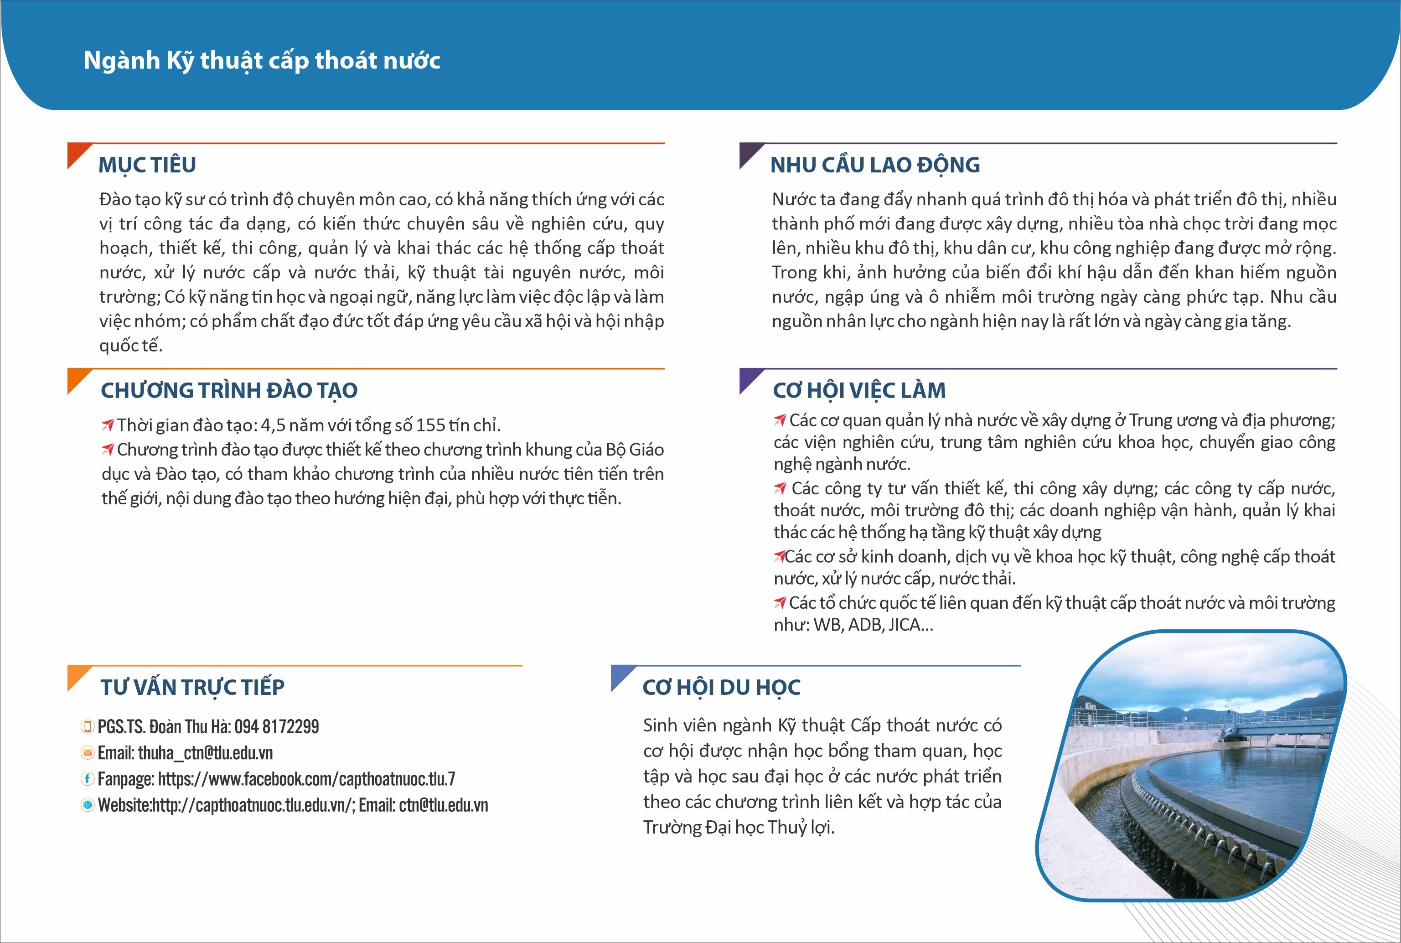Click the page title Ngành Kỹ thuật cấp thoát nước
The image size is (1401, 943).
(x=262, y=61)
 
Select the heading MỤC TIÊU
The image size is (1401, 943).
(x=147, y=165)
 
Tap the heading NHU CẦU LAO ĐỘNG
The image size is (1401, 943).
(x=875, y=165)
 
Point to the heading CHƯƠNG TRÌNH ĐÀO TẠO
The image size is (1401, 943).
(x=229, y=390)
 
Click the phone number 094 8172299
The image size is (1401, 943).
(x=277, y=726)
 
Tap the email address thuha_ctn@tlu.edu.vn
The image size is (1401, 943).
(x=206, y=753)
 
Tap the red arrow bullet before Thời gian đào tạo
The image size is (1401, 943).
(x=108, y=425)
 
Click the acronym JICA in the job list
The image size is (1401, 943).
(x=905, y=625)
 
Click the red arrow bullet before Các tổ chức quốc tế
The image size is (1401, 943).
(x=780, y=603)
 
